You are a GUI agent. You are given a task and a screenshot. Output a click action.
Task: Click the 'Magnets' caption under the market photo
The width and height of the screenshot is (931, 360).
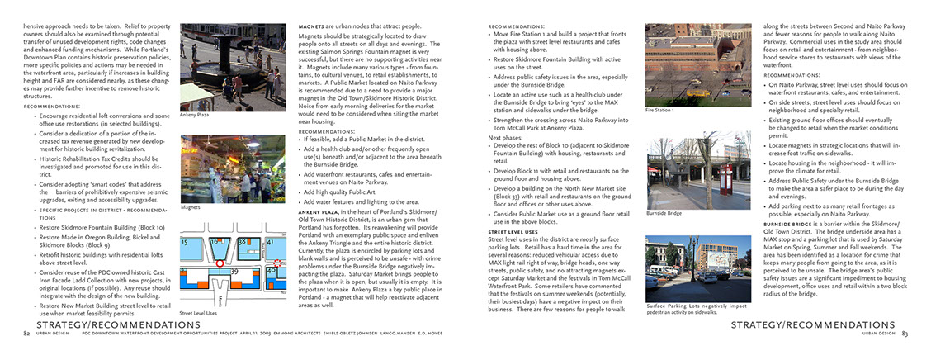(x=190, y=208)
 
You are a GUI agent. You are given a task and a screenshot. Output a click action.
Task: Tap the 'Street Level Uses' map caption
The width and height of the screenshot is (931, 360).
(x=197, y=314)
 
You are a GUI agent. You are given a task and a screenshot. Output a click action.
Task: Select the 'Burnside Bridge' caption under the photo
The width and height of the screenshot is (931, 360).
(x=664, y=213)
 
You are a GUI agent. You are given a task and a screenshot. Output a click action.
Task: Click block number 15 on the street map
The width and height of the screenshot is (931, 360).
(x=188, y=242)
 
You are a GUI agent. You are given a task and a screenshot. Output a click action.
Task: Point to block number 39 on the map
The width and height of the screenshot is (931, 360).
(x=234, y=271)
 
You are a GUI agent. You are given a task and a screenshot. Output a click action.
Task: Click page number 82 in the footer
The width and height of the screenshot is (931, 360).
(x=27, y=334)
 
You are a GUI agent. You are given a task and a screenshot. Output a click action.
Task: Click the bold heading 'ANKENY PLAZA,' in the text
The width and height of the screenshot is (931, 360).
(x=319, y=211)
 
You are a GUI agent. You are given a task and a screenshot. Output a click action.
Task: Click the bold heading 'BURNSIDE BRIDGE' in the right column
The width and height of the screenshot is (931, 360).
(x=790, y=224)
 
